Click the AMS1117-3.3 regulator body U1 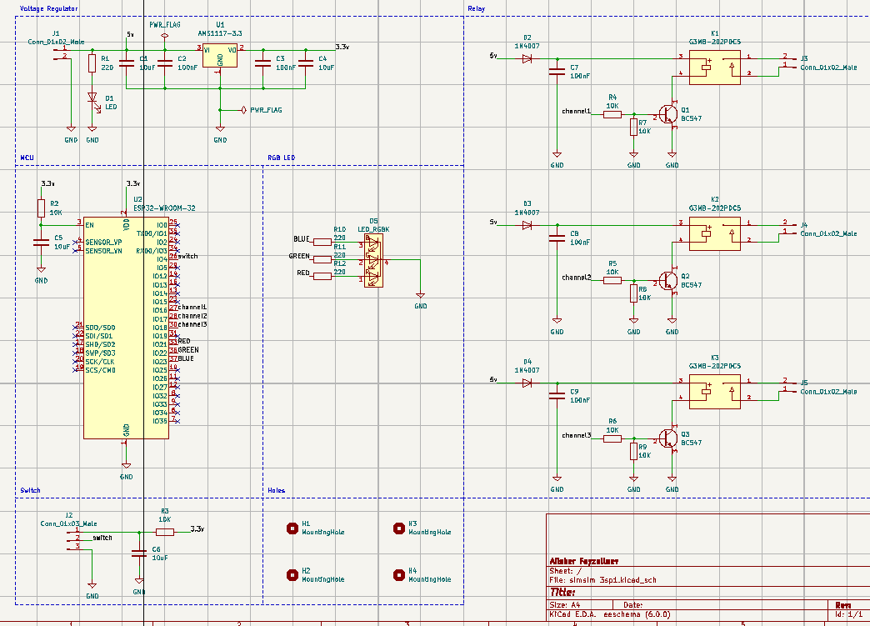[220, 56]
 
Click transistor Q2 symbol [668, 280]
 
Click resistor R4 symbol [612, 114]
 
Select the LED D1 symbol [92, 98]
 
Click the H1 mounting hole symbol [292, 528]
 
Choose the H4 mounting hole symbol [398, 575]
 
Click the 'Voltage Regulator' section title [49, 8]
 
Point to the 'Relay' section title [477, 8]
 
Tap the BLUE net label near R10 [302, 239]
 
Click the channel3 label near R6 [576, 436]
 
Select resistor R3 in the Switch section [165, 531]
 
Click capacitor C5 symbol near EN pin [41, 243]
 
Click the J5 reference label [804, 383]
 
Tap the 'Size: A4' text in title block [562, 605]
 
